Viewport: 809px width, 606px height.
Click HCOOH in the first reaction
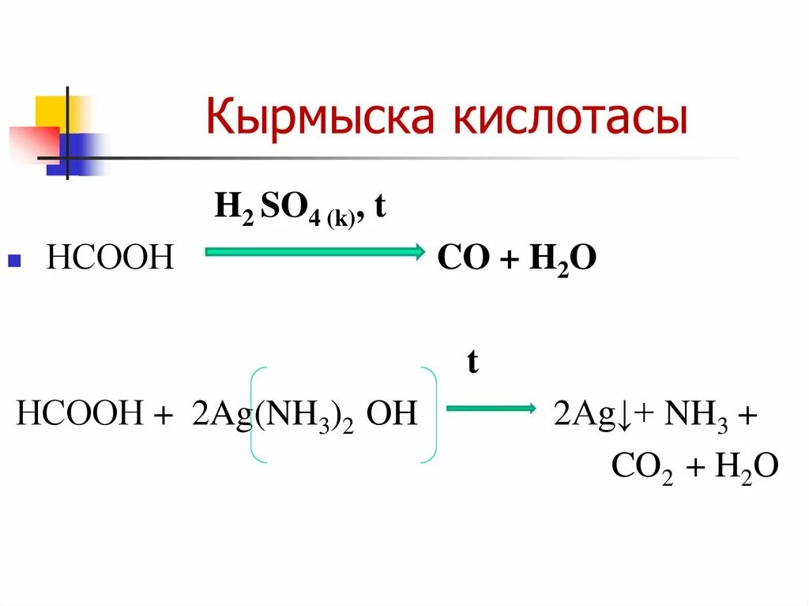tap(109, 258)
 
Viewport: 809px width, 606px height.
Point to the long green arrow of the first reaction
tap(314, 252)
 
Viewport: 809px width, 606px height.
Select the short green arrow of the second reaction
tap(490, 408)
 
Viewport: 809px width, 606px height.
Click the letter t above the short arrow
tap(472, 363)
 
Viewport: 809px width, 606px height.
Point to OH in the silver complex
tap(392, 414)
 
